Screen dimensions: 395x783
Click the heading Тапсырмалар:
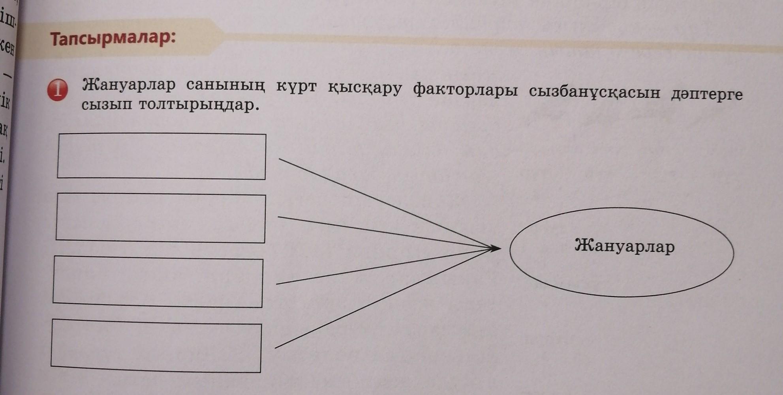click(113, 39)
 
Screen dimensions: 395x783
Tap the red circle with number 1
click(58, 90)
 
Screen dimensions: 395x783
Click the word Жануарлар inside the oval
click(625, 246)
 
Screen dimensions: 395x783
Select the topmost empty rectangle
click(161, 156)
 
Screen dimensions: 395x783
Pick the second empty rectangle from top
click(161, 218)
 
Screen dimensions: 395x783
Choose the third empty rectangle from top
click(158, 282)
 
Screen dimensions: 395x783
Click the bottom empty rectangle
click(156, 346)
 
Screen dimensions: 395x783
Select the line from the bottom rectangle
click(379, 300)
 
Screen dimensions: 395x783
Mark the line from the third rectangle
click(379, 267)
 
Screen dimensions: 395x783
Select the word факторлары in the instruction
click(465, 90)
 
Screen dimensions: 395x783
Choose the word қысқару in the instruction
click(364, 88)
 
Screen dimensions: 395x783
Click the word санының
click(225, 86)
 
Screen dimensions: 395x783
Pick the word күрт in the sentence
click(296, 86)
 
